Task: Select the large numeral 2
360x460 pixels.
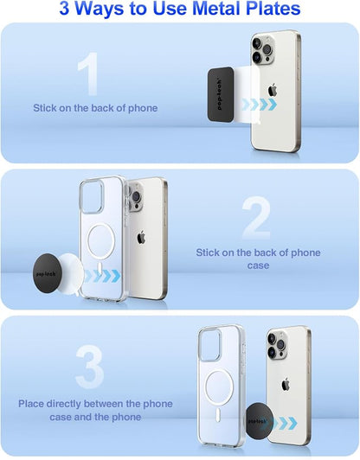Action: (256, 218)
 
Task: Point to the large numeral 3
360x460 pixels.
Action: (89, 367)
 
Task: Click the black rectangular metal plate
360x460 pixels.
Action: (221, 94)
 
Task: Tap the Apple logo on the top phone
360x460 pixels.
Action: (273, 89)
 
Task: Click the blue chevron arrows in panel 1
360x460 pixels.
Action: (259, 104)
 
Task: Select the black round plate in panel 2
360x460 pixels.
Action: (48, 273)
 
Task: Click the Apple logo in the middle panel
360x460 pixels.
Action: (141, 237)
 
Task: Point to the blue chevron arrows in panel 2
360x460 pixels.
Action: (102, 276)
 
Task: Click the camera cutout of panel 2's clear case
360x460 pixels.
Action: (92, 196)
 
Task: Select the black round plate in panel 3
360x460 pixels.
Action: (260, 421)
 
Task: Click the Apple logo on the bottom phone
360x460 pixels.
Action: (285, 385)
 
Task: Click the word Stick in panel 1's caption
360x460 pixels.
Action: (45, 108)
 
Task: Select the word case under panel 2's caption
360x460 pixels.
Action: (258, 265)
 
